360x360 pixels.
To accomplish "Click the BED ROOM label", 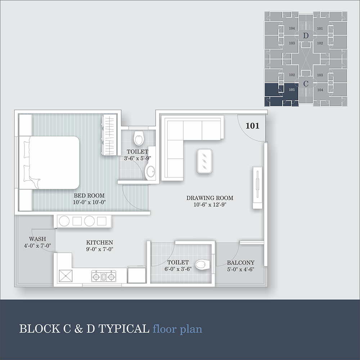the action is (x=89, y=195).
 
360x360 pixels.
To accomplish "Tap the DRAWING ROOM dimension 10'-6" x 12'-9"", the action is (x=210, y=204).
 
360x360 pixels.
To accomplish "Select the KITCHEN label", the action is (x=100, y=242).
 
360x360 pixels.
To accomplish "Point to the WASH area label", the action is (x=37, y=239).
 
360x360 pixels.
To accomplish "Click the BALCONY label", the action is (x=240, y=263).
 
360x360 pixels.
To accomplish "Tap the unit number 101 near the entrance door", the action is (x=252, y=126).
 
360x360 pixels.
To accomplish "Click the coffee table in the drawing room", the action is (x=204, y=161).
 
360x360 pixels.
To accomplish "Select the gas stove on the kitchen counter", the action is (x=104, y=276).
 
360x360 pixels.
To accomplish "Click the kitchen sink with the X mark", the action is (x=66, y=276).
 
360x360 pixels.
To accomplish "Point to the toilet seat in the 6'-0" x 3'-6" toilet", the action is (x=203, y=265).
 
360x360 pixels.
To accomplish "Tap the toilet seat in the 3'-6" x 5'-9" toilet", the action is (x=139, y=138).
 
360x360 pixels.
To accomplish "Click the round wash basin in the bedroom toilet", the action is (x=150, y=171).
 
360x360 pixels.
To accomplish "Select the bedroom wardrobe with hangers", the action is (x=109, y=135).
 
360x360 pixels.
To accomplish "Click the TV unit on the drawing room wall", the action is (x=258, y=187).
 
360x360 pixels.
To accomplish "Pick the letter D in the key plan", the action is (x=306, y=36).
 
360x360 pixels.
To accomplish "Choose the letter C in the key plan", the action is (x=306, y=84).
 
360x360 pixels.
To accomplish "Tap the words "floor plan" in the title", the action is (x=177, y=329).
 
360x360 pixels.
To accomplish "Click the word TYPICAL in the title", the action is (x=124, y=329).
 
